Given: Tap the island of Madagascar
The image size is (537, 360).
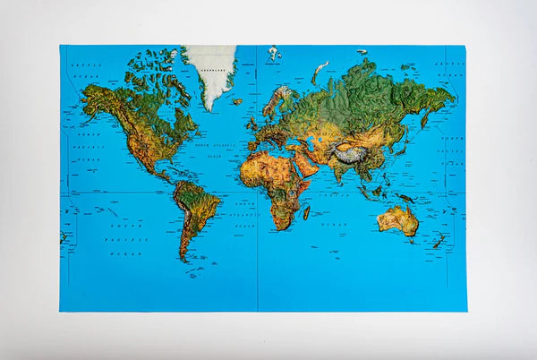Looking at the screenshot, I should click(306, 212).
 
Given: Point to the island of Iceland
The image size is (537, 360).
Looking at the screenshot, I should click(236, 101).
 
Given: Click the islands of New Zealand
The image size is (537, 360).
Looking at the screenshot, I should click(439, 241).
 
